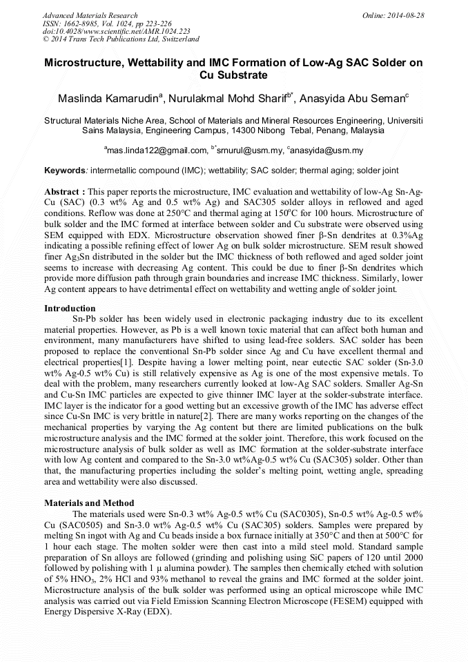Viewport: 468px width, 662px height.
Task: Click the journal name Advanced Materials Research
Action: (x=90, y=15)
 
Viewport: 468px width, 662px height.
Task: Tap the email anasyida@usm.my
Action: (x=328, y=150)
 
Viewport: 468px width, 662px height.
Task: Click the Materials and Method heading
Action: (x=89, y=503)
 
